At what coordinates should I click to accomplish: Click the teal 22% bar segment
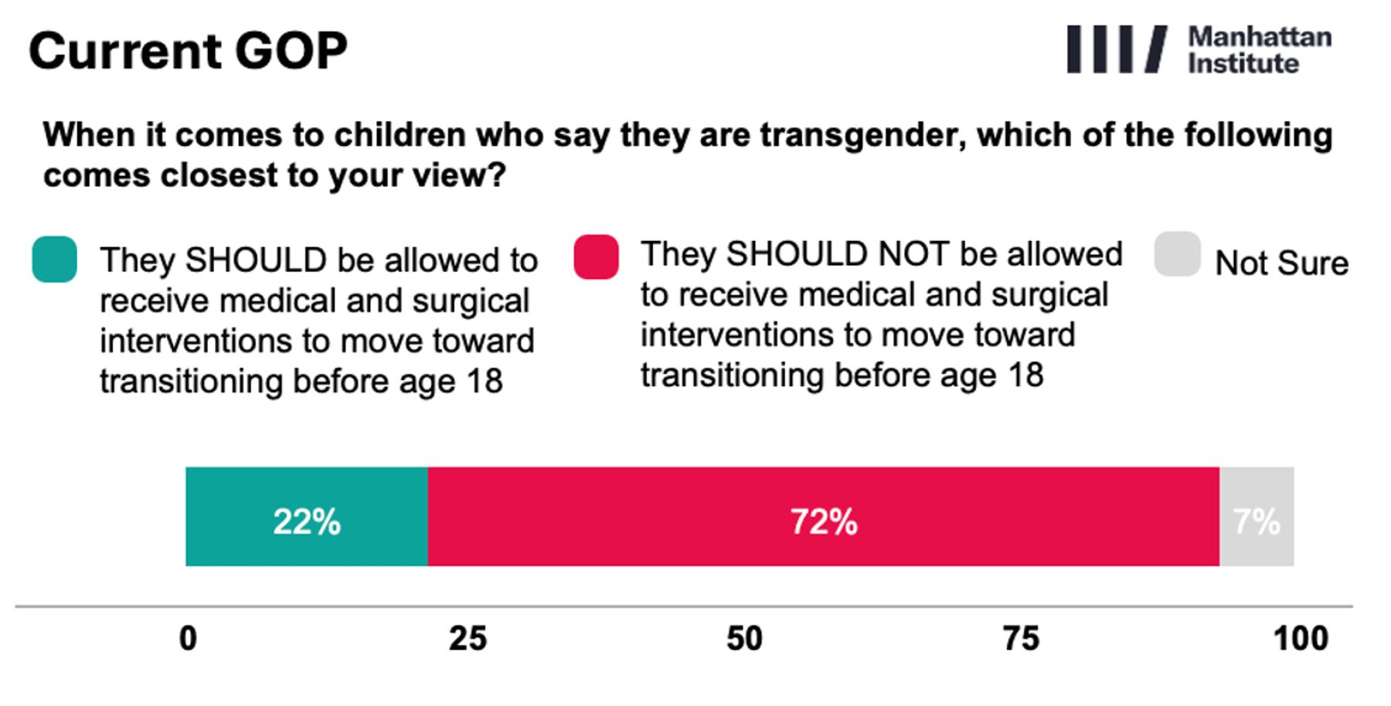pos(307,517)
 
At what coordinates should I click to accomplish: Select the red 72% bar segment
pos(824,517)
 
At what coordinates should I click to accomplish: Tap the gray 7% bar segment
pos(1257,517)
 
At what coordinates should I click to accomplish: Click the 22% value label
pos(307,522)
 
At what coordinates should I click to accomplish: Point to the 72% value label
pos(824,522)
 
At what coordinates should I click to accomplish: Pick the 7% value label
pos(1257,522)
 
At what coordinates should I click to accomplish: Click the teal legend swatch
pos(54,260)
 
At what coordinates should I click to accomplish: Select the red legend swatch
pos(597,256)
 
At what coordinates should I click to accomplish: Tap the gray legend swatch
pos(1177,254)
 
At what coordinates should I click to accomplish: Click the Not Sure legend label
pos(1282,263)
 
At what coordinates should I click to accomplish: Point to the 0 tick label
pos(188,639)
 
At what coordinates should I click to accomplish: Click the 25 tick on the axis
pos(468,639)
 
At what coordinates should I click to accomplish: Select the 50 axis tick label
pos(744,639)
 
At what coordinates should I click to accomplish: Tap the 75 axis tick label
pos(1021,639)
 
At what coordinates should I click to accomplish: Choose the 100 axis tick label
pos(1301,639)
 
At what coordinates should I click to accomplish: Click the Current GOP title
pos(188,51)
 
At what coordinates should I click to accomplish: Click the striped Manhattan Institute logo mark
pos(1117,49)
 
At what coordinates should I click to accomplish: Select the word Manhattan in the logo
pos(1260,36)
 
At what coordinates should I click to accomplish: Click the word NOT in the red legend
pos(913,254)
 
